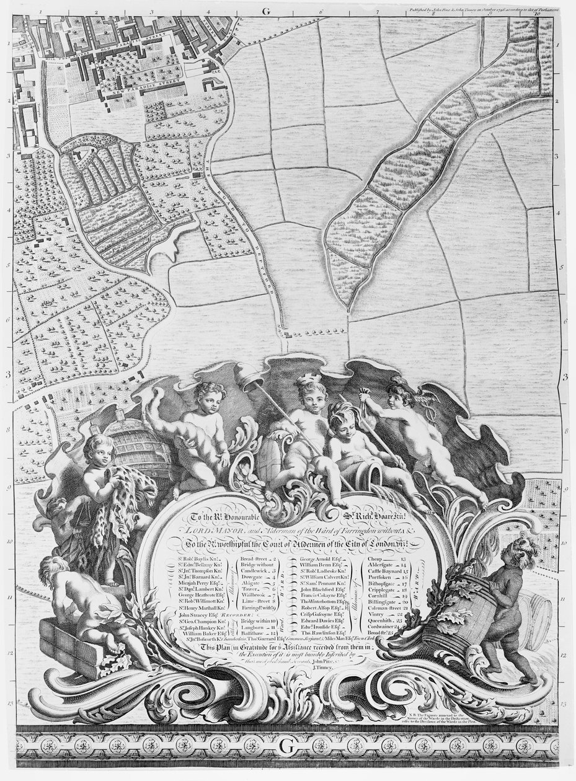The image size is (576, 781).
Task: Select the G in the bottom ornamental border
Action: pos(287,743)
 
